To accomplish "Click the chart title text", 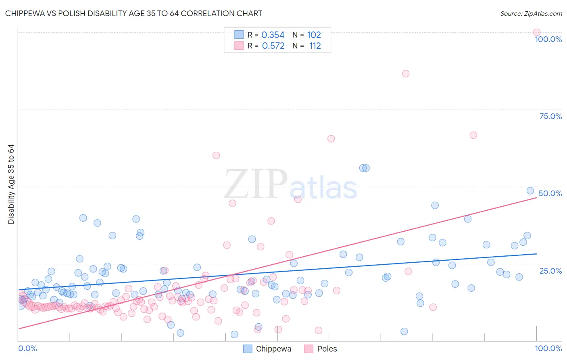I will click(133, 13).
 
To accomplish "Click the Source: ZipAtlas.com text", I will click(531, 13).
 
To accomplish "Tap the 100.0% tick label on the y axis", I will click(548, 39).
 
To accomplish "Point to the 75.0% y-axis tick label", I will click(550, 116).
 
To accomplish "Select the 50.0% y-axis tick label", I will click(550, 193).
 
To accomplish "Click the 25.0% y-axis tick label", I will click(550, 270).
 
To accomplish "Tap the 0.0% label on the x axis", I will click(27, 348).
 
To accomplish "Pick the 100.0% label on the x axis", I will click(548, 348).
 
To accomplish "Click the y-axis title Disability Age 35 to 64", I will click(11, 184).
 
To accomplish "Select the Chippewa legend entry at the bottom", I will click(267, 349).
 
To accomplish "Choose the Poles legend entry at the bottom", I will click(321, 349).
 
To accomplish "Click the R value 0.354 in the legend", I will click(273, 35).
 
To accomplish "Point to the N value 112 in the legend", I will click(315, 46).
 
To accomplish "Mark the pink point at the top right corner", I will click(537, 32).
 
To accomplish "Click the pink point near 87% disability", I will click(406, 73).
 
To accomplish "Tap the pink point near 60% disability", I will click(216, 155).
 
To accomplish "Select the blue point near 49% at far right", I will click(530, 190).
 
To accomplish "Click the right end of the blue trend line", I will click(536, 254).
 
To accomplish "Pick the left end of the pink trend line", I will click(19, 329).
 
